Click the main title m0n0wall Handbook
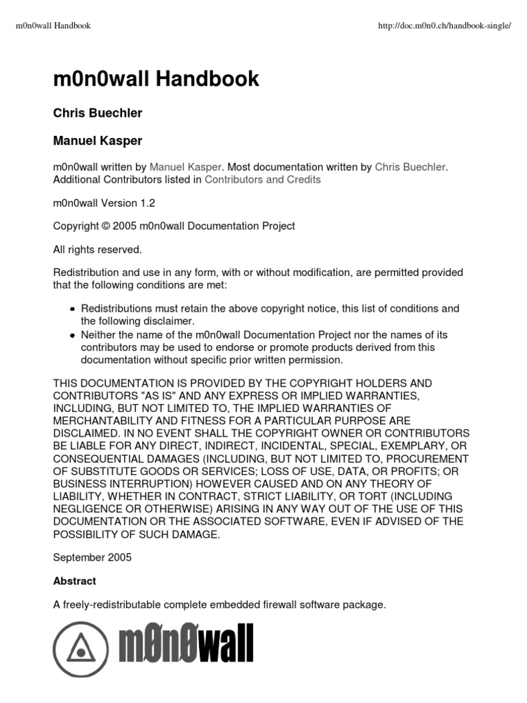coord(156,79)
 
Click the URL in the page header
coord(445,26)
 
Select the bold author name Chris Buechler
coord(97,113)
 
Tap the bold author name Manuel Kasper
coord(97,141)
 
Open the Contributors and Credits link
coord(263,180)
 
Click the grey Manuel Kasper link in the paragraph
coord(185,167)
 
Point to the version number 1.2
coord(149,203)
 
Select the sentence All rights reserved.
coord(97,249)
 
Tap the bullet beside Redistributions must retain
coord(72,310)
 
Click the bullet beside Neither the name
coord(72,335)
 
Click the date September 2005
coord(92,557)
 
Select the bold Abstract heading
coord(75,581)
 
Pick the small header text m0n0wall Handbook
coord(53,26)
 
